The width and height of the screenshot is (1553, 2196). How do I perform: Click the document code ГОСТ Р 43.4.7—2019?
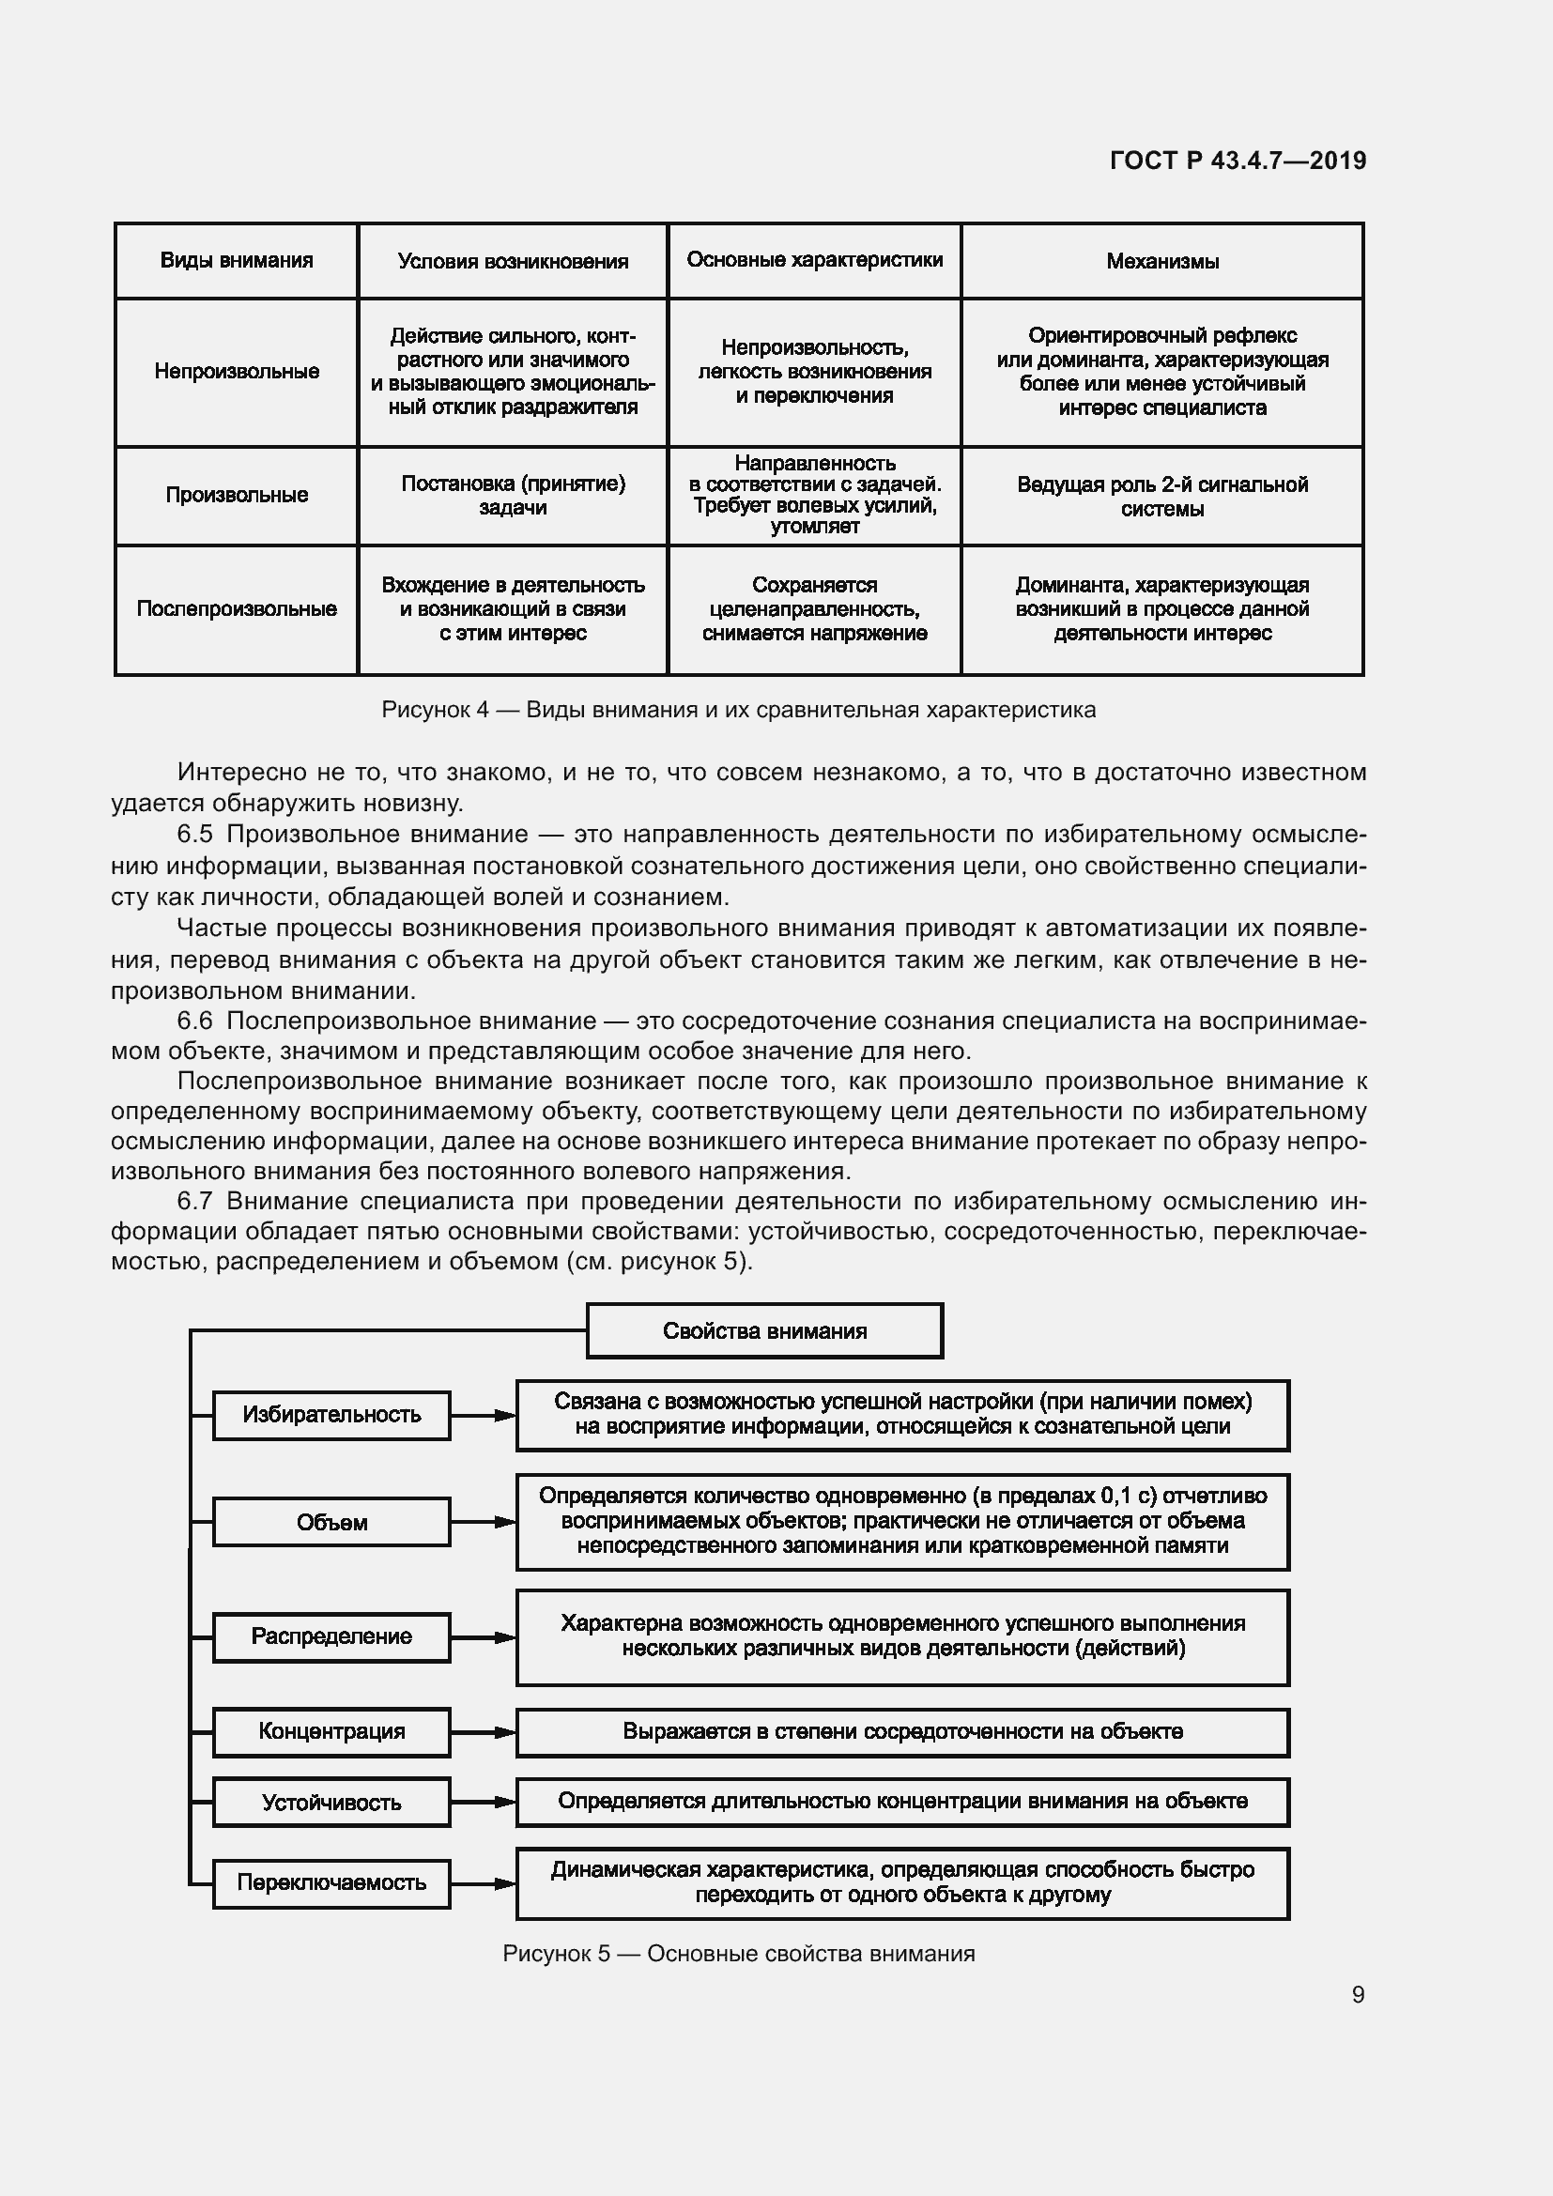[x=1238, y=161]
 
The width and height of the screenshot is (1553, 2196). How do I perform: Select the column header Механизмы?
[x=1161, y=261]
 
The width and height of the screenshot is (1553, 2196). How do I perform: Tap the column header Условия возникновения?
[x=513, y=261]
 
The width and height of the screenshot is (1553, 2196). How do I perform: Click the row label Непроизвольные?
[x=237, y=371]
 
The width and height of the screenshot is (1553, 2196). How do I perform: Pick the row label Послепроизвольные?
[x=237, y=609]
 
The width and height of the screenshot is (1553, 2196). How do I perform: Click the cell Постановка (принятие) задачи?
[x=513, y=496]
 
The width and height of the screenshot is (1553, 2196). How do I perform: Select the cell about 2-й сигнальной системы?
[x=1161, y=496]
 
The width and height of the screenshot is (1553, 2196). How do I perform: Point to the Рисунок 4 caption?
[x=738, y=710]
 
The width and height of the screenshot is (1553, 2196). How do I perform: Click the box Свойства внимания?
[x=764, y=1330]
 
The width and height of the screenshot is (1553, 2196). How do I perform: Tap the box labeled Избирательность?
[x=331, y=1415]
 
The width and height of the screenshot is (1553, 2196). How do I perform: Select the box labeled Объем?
[x=331, y=1522]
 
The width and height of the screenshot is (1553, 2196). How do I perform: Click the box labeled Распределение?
[x=331, y=1636]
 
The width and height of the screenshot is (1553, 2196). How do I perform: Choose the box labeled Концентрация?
[x=331, y=1731]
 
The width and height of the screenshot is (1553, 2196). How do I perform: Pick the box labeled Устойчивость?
[x=331, y=1803]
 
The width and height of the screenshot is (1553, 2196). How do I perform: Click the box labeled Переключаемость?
[x=331, y=1882]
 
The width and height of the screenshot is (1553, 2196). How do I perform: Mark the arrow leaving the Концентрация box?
[x=483, y=1732]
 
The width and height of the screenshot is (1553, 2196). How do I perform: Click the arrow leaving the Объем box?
[x=483, y=1522]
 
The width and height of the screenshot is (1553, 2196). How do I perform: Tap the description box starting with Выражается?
[x=901, y=1732]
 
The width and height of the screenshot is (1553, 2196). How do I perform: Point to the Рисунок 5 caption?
[x=738, y=1953]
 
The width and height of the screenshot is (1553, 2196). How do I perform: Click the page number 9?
[x=1357, y=1994]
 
